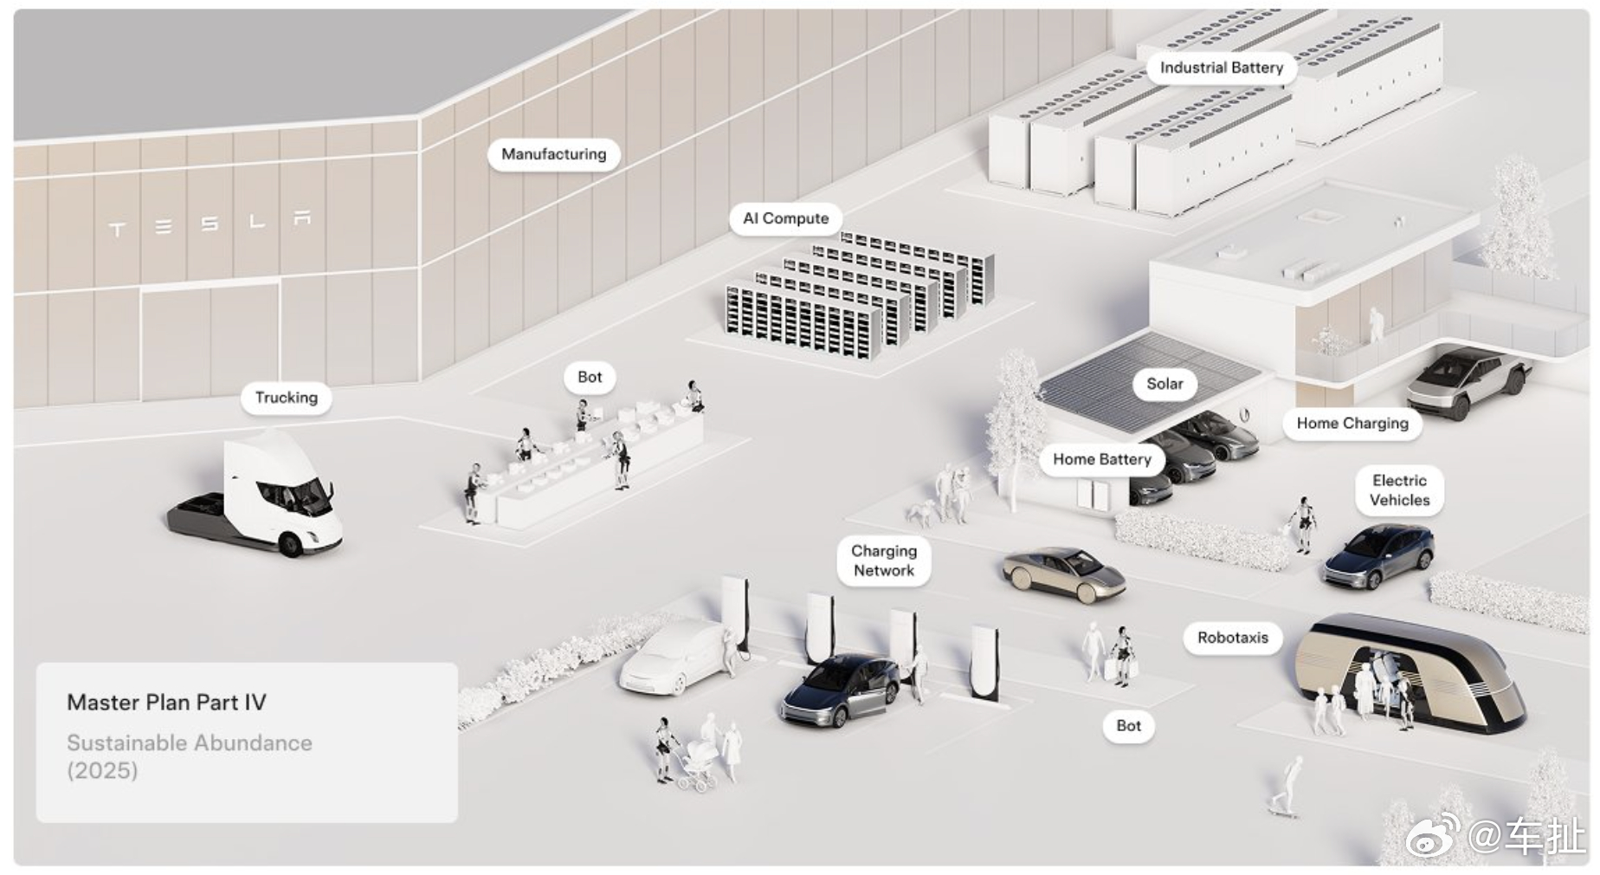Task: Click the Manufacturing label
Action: (554, 154)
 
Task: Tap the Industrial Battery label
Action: (1222, 68)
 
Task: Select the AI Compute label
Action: (785, 218)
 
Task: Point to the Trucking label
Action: (287, 398)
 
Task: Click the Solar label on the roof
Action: (1165, 384)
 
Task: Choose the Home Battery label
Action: (1102, 459)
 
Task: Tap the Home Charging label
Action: (1352, 424)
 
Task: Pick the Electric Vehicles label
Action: (1400, 490)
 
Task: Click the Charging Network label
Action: (884, 561)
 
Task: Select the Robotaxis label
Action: (1233, 638)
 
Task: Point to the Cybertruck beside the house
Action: (1468, 381)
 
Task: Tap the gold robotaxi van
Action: (1410, 672)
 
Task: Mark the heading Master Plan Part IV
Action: (166, 703)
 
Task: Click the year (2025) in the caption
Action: (102, 770)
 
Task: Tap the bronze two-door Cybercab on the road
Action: (1064, 574)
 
